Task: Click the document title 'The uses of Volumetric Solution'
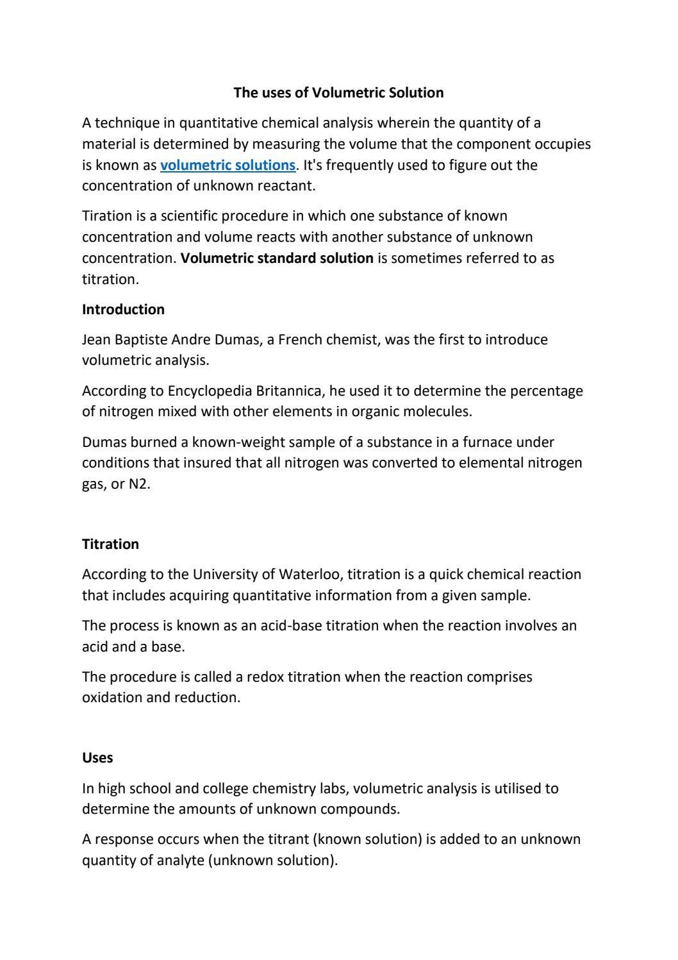pyautogui.click(x=338, y=93)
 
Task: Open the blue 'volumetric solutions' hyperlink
pyautogui.click(x=227, y=165)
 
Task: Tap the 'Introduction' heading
pyautogui.click(x=123, y=310)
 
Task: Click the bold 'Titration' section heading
pyautogui.click(x=110, y=544)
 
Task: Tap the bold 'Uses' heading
pyautogui.click(x=97, y=758)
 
